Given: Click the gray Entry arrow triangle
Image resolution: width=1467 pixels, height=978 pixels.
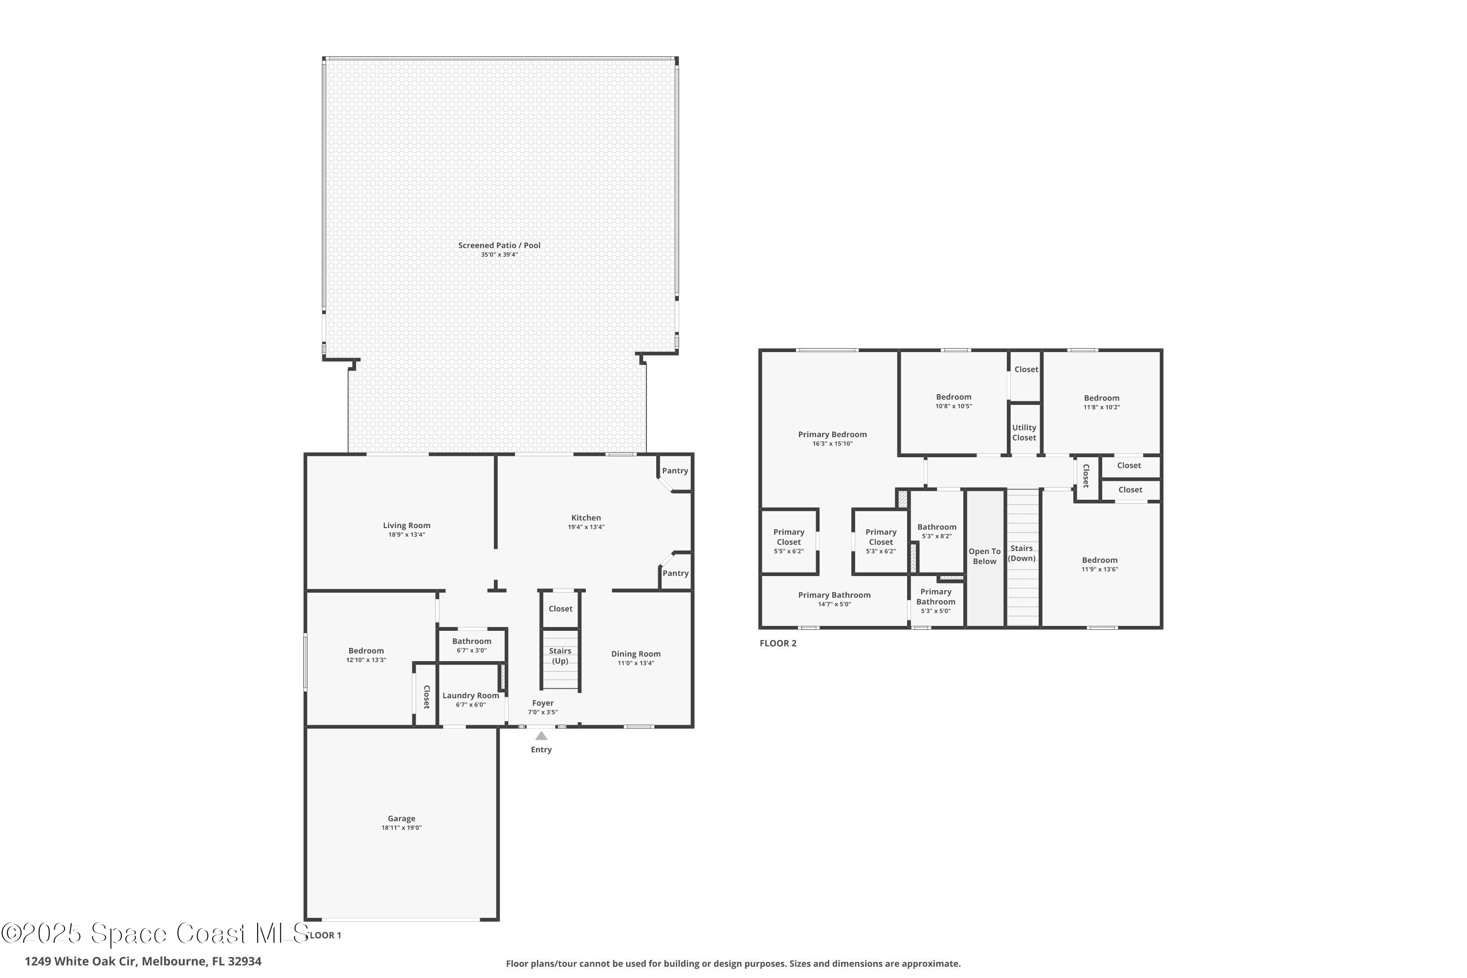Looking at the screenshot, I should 541,736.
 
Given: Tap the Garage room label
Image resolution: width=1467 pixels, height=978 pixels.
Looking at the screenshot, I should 401,818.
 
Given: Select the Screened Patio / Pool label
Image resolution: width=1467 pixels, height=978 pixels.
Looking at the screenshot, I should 499,245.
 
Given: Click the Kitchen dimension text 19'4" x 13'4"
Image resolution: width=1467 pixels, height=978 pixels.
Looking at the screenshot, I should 586,527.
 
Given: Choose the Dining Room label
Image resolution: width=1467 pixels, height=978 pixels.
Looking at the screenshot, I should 636,654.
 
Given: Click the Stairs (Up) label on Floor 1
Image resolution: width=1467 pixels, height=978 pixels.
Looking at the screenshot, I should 559,656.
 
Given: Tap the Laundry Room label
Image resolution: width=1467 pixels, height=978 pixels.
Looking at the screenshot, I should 470,695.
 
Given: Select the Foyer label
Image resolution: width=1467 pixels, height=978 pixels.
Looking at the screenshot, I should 543,703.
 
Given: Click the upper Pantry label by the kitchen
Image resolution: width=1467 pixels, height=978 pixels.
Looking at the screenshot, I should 675,471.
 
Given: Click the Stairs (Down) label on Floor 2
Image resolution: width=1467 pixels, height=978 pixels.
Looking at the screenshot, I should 1022,553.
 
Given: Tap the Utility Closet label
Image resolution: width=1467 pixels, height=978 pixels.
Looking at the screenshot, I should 1024,432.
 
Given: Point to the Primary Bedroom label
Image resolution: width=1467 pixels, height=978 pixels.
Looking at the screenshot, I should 832,435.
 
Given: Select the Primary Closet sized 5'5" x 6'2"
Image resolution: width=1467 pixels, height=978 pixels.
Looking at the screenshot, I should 788,541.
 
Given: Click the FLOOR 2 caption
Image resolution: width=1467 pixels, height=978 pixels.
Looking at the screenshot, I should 778,643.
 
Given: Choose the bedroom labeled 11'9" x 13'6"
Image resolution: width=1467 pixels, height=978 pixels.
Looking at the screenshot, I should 1100,564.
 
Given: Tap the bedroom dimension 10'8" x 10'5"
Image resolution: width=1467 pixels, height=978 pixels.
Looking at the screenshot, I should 953,406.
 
